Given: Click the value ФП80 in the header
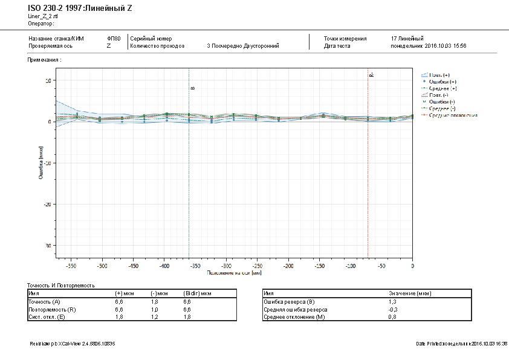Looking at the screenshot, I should pyautogui.click(x=114, y=39).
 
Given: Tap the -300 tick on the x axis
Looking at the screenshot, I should pyautogui.click(x=226, y=266).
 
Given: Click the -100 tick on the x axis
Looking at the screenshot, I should pyautogui.click(x=350, y=266).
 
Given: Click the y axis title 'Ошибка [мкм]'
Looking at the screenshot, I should pyautogui.click(x=41, y=163).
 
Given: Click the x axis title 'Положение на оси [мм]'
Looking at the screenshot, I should pyautogui.click(x=235, y=273).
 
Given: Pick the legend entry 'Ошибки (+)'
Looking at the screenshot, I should pyautogui.click(x=443, y=81).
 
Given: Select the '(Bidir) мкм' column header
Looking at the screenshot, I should pyautogui.click(x=197, y=293).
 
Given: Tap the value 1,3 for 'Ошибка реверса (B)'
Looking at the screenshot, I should pyautogui.click(x=392, y=301).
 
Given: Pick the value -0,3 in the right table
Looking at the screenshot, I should pyautogui.click(x=393, y=309).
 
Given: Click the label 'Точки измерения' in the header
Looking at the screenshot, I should pyautogui.click(x=345, y=39).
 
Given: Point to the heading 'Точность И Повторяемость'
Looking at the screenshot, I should pyautogui.click(x=61, y=285).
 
